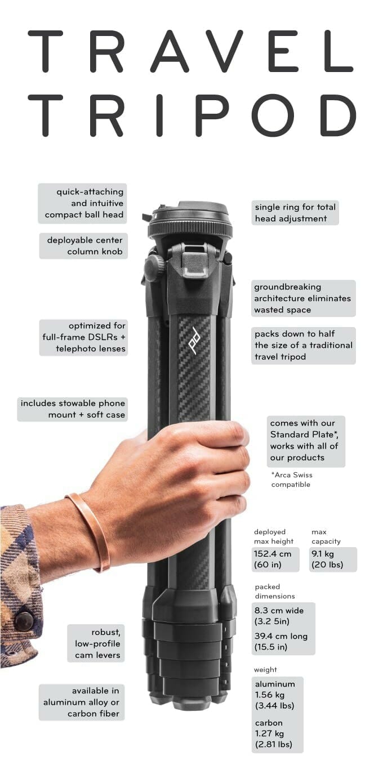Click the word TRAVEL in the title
tap(191, 51)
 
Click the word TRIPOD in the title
tap(191, 115)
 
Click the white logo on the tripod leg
tap(195, 341)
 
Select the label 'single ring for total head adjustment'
tap(295, 213)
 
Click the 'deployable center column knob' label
tap(83, 246)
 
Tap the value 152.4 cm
tap(273, 554)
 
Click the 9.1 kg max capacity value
tap(323, 554)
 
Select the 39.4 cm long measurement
tap(280, 637)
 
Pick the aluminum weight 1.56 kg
tap(270, 695)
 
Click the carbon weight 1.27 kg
tap(269, 734)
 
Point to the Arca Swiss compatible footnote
tap(292, 480)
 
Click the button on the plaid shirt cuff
tap(24, 621)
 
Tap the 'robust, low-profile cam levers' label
tap(96, 643)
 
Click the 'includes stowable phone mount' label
tap(72, 409)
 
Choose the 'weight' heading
tap(265, 670)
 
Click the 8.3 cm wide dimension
tap(279, 611)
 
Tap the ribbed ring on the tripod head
tap(190, 230)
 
